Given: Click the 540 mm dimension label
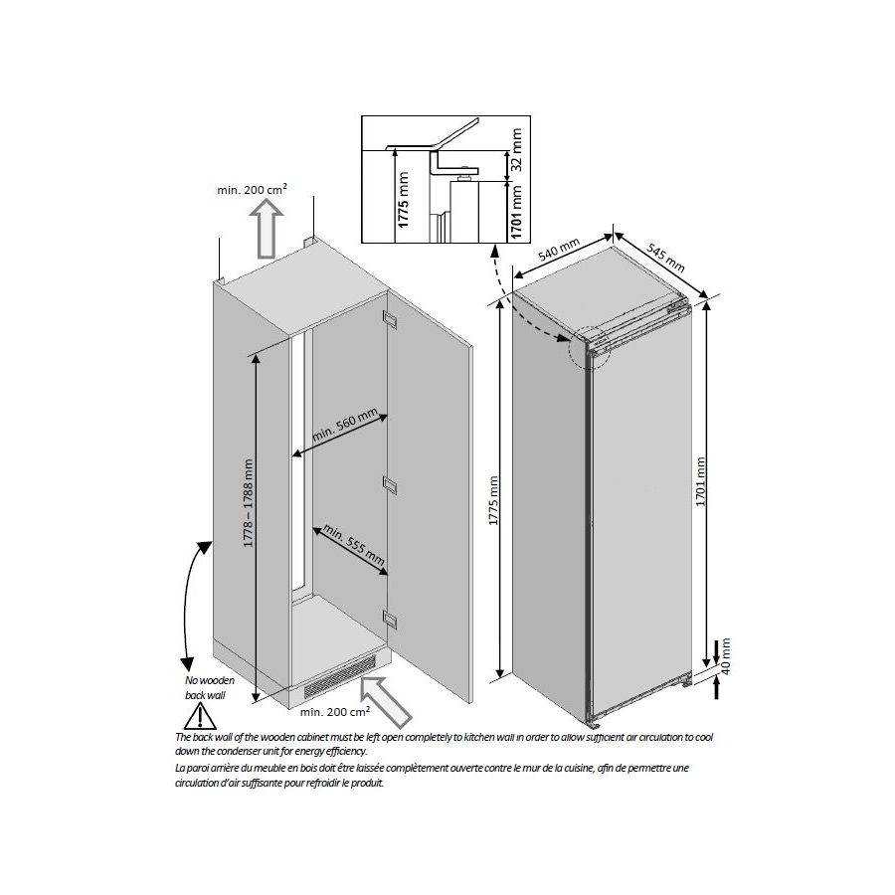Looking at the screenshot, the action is point(559,250).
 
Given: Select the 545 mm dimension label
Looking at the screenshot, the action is point(665,258).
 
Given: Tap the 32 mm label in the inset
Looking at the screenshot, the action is point(516,149).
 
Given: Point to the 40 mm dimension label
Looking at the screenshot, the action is point(726,656).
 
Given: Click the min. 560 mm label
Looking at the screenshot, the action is point(345,425).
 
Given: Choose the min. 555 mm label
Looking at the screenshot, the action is point(354,545).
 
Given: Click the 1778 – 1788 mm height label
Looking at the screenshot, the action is point(249,503).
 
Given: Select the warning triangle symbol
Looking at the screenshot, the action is point(200,716).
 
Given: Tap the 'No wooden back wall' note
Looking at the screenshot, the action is point(209,688).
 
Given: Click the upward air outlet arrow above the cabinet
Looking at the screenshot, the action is point(266,230).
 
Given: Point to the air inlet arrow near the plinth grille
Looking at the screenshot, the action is point(385,701).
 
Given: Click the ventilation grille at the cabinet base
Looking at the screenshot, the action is point(340,677).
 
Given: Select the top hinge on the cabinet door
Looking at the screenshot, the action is point(390,319).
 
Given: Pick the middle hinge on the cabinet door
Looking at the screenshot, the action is point(390,484).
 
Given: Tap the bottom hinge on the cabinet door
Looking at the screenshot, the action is point(390,619).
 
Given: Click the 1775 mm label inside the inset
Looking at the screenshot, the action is point(404,200).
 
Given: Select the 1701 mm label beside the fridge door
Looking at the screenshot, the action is point(701,481).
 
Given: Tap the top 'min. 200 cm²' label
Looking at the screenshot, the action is point(252,189).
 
